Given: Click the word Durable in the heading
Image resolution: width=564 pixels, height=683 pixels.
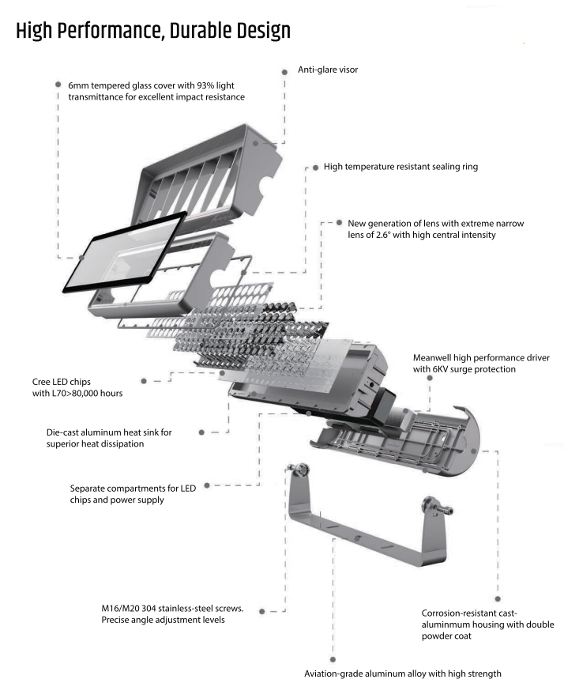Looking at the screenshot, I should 188,31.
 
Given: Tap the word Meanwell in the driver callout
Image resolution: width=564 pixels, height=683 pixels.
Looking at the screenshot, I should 434,357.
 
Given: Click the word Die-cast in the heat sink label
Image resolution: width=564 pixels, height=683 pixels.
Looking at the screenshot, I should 66,432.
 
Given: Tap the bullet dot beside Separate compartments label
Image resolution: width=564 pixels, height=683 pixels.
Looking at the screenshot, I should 205,487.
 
